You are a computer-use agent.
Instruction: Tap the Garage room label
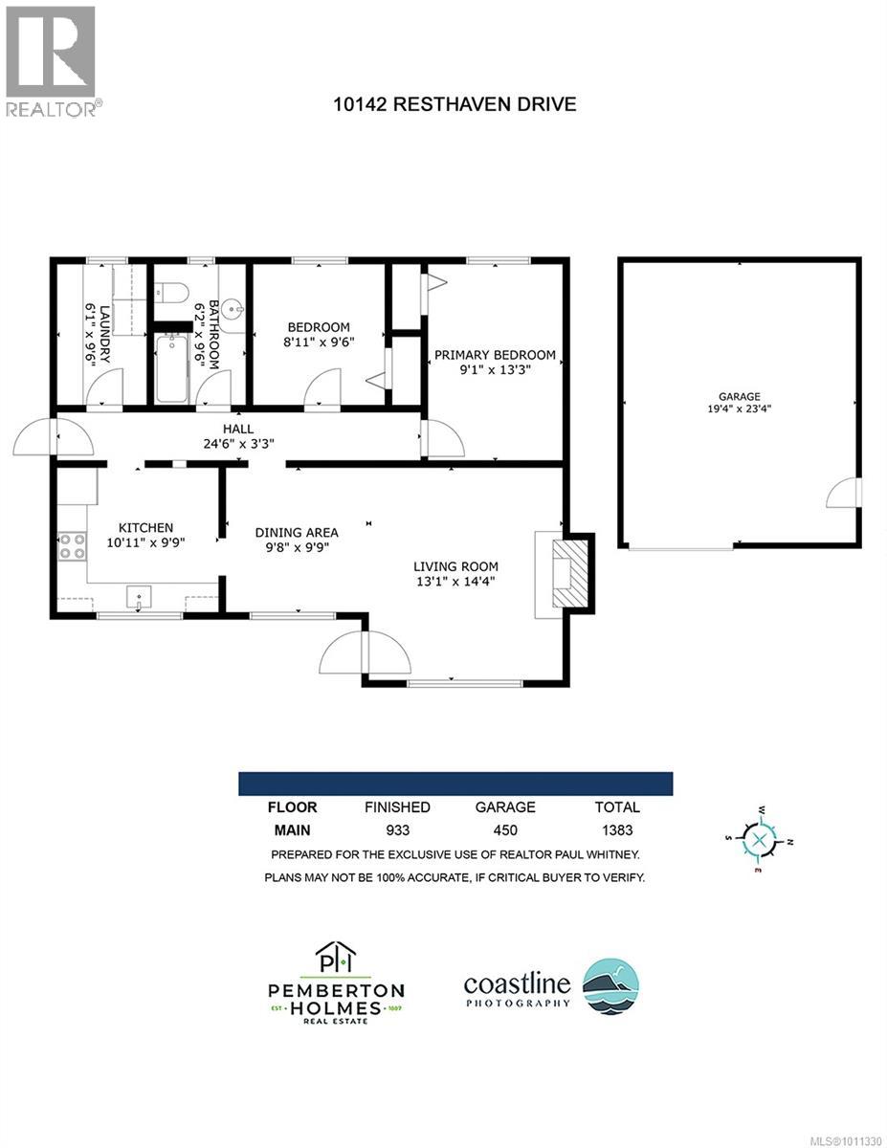tap(740, 395)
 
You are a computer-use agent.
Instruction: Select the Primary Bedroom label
tap(495, 355)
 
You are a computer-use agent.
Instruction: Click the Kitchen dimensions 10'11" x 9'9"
tap(145, 541)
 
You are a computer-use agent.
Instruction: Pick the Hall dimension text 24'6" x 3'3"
tap(236, 444)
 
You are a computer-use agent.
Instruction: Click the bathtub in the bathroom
tap(172, 367)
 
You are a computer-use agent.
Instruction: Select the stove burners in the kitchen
tap(72, 546)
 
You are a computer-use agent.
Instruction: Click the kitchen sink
tap(140, 599)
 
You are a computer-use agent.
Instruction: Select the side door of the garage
tap(845, 493)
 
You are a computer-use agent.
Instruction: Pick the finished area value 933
tap(397, 830)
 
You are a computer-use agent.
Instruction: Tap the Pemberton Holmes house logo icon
tap(335, 959)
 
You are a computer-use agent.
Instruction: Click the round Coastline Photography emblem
tap(610, 985)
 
